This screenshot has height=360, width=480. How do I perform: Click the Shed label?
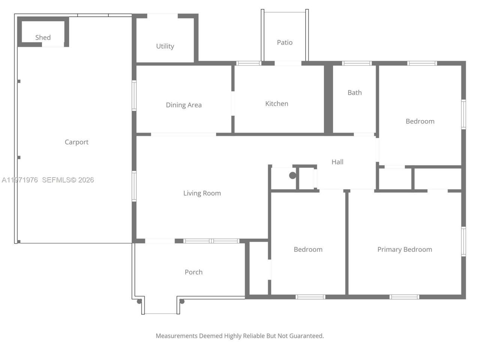(x=43, y=37)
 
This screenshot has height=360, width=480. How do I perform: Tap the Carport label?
(x=76, y=142)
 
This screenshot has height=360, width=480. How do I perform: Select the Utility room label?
(x=165, y=46)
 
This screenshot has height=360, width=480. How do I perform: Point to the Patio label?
(x=285, y=42)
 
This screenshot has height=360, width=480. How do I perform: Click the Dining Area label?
(x=184, y=105)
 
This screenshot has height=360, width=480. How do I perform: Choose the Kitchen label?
(x=277, y=103)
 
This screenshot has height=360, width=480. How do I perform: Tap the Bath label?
(x=354, y=93)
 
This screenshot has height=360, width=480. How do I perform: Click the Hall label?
(x=337, y=162)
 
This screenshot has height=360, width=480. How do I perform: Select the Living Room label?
(x=202, y=193)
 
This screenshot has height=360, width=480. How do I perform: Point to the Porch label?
(x=193, y=272)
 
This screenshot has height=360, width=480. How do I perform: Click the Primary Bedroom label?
(x=405, y=249)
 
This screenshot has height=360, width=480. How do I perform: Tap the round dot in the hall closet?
(x=292, y=175)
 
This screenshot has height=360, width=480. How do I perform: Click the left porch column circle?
(x=139, y=301)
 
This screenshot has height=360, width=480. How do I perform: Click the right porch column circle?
(x=182, y=301)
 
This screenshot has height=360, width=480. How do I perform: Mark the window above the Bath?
(x=357, y=63)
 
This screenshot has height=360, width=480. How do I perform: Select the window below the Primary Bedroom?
(x=404, y=297)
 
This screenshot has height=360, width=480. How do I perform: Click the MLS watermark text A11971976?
(x=20, y=180)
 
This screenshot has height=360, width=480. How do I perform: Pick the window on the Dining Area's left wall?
(x=134, y=95)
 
